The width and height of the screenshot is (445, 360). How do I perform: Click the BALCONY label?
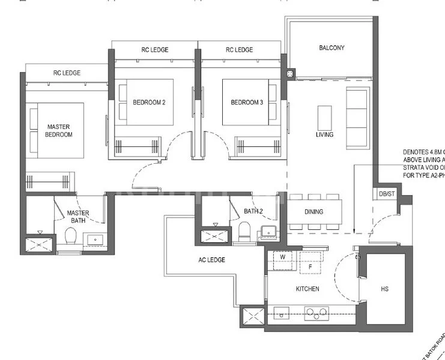point(331,48)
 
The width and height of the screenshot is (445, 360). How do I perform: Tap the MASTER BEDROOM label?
point(59,131)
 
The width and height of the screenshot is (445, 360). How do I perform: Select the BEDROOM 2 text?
point(149,103)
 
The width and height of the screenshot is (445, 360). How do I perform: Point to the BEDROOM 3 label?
point(247,103)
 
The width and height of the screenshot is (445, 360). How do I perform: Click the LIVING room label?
point(324,134)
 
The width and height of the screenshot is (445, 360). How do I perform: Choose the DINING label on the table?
point(313,212)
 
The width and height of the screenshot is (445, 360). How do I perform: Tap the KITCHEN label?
point(307,289)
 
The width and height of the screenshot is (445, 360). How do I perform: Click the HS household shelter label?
point(384,289)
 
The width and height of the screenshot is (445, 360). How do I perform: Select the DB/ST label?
point(387,194)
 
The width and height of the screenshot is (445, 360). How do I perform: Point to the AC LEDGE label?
point(211,260)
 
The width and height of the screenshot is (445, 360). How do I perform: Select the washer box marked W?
point(282,257)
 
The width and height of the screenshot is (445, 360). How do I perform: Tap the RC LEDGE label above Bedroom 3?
point(239,50)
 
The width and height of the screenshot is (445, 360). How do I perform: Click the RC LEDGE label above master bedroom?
point(67,73)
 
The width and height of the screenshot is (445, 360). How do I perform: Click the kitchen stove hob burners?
point(316,311)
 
